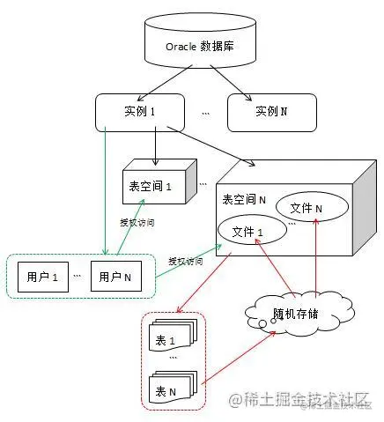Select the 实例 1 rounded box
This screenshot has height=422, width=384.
point(141,112)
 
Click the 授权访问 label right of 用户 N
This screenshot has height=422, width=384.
point(186,262)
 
